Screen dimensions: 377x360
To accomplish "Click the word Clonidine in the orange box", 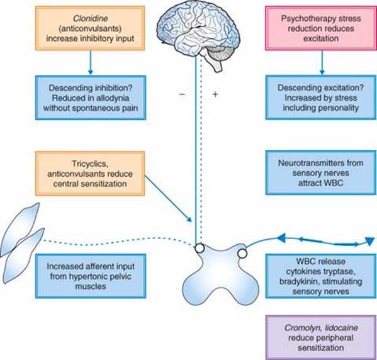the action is pyautogui.click(x=91, y=18).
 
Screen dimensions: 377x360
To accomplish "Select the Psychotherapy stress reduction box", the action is pyautogui.click(x=321, y=28).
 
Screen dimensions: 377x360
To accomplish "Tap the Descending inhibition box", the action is pyautogui.click(x=91, y=98).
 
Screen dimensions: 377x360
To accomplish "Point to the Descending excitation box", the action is pyautogui.click(x=321, y=98).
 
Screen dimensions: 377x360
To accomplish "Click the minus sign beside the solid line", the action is pyautogui.click(x=183, y=94).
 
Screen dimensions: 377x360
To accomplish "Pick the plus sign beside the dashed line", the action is pyautogui.click(x=215, y=94).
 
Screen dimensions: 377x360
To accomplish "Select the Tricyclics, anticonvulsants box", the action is pyautogui.click(x=90, y=173).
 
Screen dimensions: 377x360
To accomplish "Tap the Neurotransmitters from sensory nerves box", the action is pyautogui.click(x=321, y=172).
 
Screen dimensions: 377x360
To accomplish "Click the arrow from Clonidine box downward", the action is pyautogui.click(x=91, y=62).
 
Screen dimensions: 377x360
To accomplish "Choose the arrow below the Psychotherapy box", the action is pyautogui.click(x=322, y=62).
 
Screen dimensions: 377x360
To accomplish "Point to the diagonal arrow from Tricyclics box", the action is pyautogui.click(x=168, y=199).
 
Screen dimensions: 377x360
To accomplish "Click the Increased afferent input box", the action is pyautogui.click(x=91, y=276).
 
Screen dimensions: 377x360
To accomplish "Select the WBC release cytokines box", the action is pyautogui.click(x=321, y=276).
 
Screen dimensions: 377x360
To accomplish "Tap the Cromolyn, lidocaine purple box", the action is pyautogui.click(x=321, y=337).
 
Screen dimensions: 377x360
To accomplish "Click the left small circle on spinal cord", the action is pyautogui.click(x=200, y=248).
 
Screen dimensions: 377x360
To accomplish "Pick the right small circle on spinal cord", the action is pyautogui.click(x=242, y=254).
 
